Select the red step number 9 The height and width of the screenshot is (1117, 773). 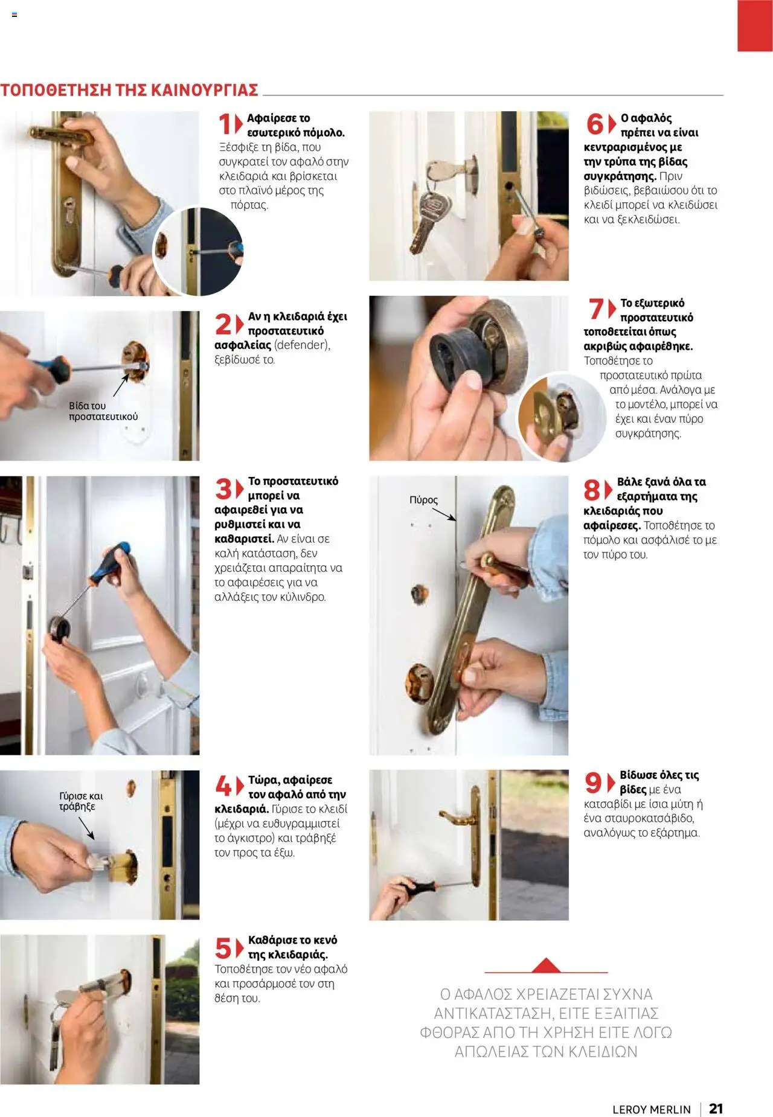click(x=592, y=783)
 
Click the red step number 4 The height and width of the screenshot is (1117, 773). click(x=223, y=786)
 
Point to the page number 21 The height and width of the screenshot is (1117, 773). click(x=716, y=1108)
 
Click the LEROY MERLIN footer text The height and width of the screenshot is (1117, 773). click(x=651, y=1109)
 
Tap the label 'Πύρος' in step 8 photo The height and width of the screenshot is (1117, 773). click(x=423, y=500)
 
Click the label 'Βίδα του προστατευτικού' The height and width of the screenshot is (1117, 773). click(x=103, y=411)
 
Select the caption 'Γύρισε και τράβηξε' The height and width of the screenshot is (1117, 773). click(x=80, y=801)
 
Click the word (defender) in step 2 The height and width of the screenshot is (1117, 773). click(x=302, y=345)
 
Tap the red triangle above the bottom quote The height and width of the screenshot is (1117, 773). click(x=547, y=965)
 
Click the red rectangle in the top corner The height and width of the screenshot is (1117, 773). click(x=755, y=25)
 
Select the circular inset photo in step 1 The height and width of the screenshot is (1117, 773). click(x=197, y=251)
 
